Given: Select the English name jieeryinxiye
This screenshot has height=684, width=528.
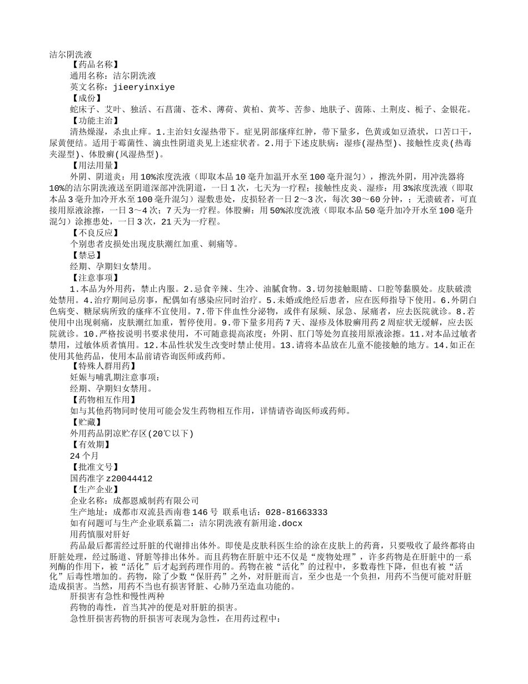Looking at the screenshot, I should [x=144, y=87].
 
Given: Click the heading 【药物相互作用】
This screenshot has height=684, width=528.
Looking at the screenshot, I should [x=102, y=400].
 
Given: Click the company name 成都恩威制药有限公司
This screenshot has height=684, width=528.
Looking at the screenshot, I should [x=156, y=500].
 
